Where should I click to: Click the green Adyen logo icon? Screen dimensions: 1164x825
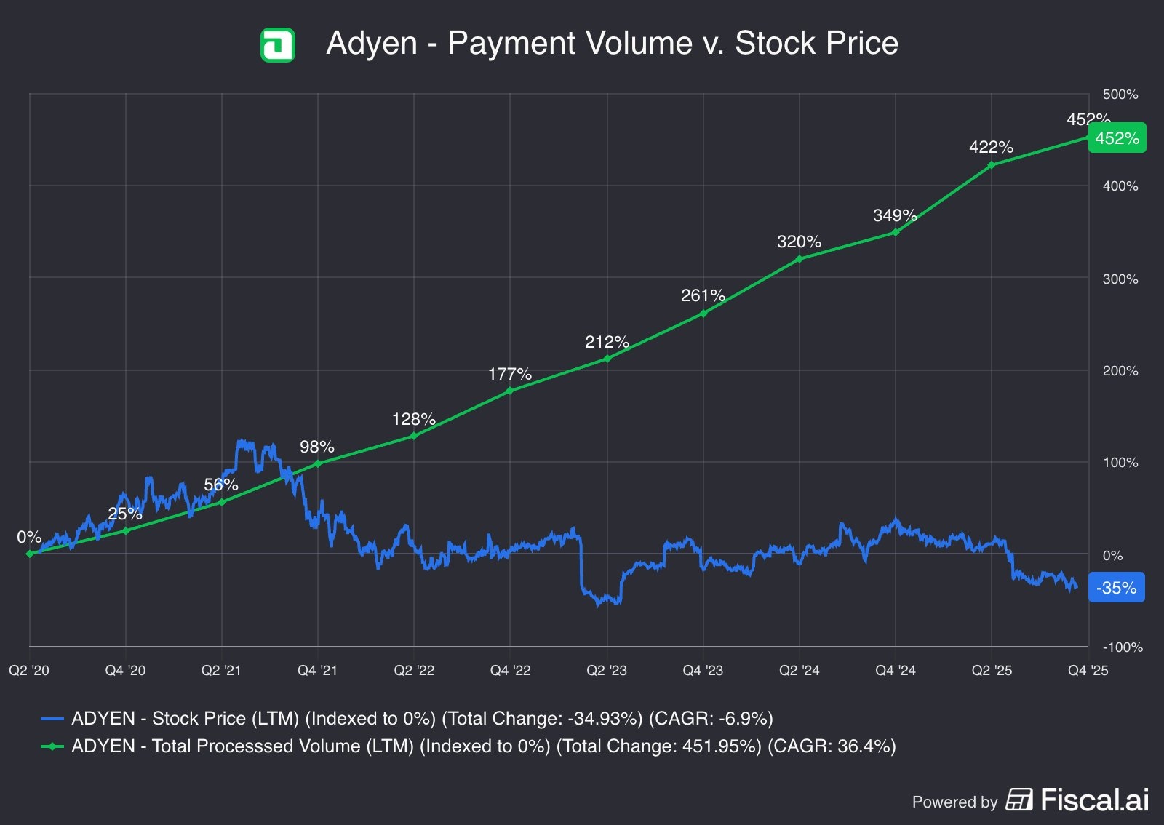coord(277,44)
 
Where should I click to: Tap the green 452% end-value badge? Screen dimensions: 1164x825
coord(1117,137)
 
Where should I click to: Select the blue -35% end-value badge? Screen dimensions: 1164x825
coord(1116,588)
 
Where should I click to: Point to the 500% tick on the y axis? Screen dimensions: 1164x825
coord(1120,95)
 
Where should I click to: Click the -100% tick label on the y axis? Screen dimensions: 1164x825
coord(1123,647)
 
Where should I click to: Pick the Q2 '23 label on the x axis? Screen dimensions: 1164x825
coord(607,670)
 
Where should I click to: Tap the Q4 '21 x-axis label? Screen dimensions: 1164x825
coord(317,670)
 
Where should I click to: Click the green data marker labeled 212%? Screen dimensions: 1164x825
coord(607,359)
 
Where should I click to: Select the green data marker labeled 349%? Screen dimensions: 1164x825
coord(896,232)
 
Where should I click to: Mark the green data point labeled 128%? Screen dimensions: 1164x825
coord(414,436)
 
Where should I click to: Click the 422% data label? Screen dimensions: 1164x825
coord(991,147)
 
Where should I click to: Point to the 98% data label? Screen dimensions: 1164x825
coord(317,447)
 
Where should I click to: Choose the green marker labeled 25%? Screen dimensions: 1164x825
coord(126,531)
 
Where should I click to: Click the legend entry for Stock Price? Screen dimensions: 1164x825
coord(407,719)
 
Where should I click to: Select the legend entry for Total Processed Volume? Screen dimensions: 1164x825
coord(469,746)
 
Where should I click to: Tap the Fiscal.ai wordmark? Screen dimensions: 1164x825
coord(1095,800)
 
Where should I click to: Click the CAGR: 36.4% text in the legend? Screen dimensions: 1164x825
coord(832,746)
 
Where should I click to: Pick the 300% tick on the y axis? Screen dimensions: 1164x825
coord(1120,279)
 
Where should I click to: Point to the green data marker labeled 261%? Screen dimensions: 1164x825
coord(703,314)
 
